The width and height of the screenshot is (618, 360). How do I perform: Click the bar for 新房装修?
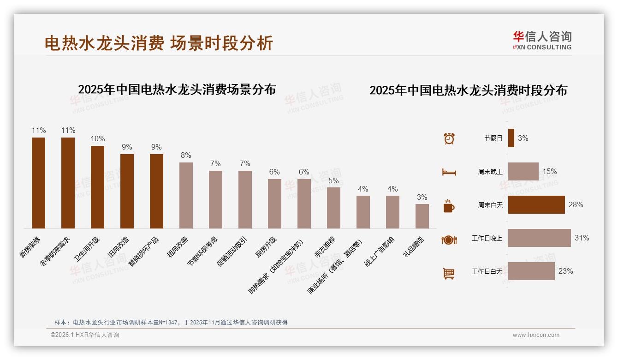pyautogui.click(x=38, y=183)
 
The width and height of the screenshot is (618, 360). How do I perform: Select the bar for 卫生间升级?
pyautogui.click(x=97, y=187)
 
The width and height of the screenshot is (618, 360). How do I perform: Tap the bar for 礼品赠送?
pyautogui.click(x=422, y=216)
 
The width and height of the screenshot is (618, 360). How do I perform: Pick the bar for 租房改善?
pyautogui.click(x=186, y=195)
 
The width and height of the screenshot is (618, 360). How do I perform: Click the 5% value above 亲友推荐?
pyautogui.click(x=333, y=180)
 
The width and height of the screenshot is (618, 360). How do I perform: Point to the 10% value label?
pyautogui.click(x=98, y=139)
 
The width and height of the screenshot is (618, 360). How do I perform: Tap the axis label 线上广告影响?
pyautogui.click(x=380, y=252)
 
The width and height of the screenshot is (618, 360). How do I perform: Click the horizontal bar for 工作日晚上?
pyautogui.click(x=539, y=238)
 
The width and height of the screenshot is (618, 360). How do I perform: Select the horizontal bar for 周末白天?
pyautogui.click(x=536, y=205)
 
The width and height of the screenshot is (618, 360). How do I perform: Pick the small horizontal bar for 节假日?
pyautogui.click(x=511, y=138)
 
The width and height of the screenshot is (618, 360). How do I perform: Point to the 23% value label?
pyautogui.click(x=565, y=271)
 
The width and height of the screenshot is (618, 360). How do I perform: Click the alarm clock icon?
pyautogui.click(x=449, y=138)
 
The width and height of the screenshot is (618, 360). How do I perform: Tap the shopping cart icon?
pyautogui.click(x=449, y=273)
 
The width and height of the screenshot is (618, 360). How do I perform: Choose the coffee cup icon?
pyautogui.click(x=449, y=206)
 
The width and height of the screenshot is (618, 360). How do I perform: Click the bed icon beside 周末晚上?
pyautogui.click(x=449, y=172)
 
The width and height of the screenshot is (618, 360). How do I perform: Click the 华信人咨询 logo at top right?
pyautogui.click(x=542, y=40)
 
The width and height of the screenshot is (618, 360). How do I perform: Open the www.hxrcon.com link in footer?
pyautogui.click(x=536, y=335)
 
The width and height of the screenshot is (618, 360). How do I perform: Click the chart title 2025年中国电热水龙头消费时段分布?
pyautogui.click(x=468, y=90)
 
